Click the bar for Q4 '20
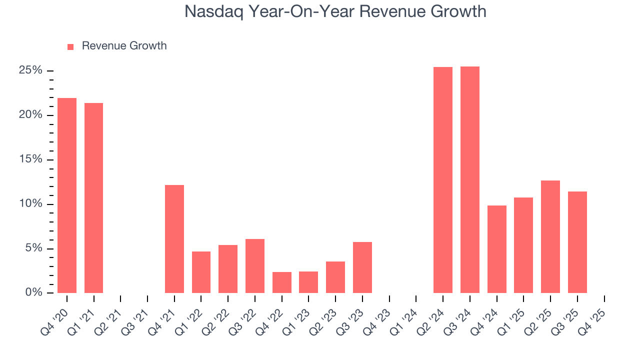pyautogui.click(x=67, y=195)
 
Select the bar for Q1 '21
pyautogui.click(x=93, y=198)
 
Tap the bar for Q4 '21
pyautogui.click(x=174, y=239)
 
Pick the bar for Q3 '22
pyautogui.click(x=255, y=266)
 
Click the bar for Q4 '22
pyautogui.click(x=282, y=282)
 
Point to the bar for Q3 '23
pyautogui.click(x=362, y=267)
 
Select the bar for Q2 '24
pyautogui.click(x=443, y=180)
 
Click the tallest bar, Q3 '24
pyautogui.click(x=470, y=179)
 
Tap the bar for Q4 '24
pyautogui.click(x=497, y=249)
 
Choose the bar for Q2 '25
pyautogui.click(x=550, y=236)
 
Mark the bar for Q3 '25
pyautogui.click(x=577, y=242)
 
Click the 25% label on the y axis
pyautogui.click(x=30, y=70)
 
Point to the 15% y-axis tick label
pyautogui.click(x=30, y=159)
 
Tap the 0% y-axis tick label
pyautogui.click(x=33, y=293)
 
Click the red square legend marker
pyautogui.click(x=70, y=46)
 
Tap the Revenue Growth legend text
pyautogui.click(x=124, y=46)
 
